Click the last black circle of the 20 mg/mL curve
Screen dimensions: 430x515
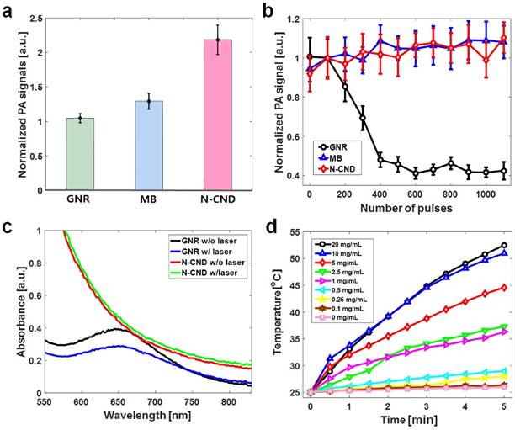point(504,246)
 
